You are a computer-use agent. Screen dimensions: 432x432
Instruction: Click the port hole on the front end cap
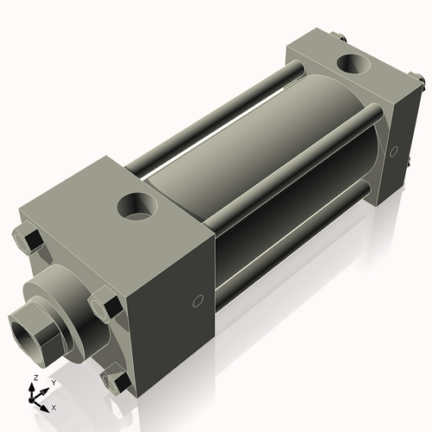tap(136, 206)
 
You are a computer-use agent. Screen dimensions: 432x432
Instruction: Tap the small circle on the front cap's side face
tap(197, 301)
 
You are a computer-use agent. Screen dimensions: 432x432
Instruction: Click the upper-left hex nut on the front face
tap(29, 239)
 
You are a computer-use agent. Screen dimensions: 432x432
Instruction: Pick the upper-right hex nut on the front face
tap(104, 308)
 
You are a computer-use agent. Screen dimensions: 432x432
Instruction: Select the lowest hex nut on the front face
tap(113, 381)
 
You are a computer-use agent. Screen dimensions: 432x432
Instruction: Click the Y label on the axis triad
tap(53, 382)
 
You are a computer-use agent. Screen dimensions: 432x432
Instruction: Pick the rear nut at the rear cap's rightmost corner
tap(421, 83)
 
